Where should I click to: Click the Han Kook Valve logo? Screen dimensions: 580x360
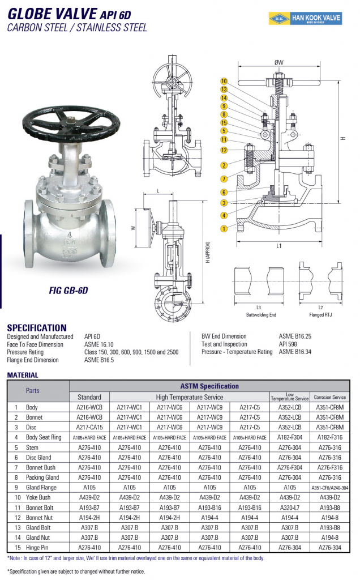(305, 19)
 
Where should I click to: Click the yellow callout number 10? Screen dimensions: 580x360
(224, 81)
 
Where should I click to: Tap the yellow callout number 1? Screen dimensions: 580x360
(224, 229)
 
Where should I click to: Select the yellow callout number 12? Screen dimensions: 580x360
(224, 150)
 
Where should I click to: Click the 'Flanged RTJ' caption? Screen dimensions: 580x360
(320, 314)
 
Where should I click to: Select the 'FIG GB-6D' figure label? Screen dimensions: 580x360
(68, 291)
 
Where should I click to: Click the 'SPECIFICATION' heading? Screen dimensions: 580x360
(36, 327)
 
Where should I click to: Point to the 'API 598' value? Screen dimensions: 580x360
(288, 344)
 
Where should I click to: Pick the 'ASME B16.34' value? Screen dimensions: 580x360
(294, 352)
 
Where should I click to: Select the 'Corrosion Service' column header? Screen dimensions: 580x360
(330, 397)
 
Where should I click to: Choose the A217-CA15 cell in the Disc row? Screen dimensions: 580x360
(89, 427)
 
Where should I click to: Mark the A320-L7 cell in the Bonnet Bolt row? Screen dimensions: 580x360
(290, 507)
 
